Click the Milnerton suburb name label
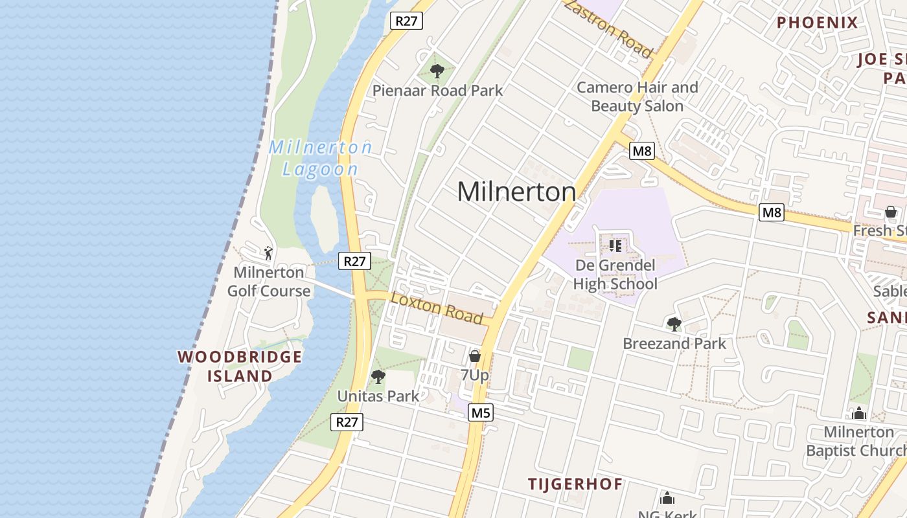pos(516,192)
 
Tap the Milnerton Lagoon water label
pos(321,158)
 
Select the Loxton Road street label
pos(437,308)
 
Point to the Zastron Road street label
pos(608,27)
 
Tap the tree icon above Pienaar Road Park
pos(437,70)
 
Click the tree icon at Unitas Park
pos(378,376)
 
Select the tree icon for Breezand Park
pos(674,324)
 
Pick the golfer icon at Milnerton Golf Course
pos(268,253)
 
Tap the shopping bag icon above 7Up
pos(474,356)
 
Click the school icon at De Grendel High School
pos(615,245)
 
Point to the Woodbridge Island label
pos(240,366)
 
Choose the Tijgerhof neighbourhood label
pos(575,484)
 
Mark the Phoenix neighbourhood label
pos(817,23)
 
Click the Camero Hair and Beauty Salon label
pos(637,96)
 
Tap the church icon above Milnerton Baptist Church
pos(859,413)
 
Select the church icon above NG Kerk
pos(667,498)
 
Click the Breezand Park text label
pos(674,343)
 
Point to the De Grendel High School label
pos(615,275)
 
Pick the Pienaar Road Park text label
pos(437,91)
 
